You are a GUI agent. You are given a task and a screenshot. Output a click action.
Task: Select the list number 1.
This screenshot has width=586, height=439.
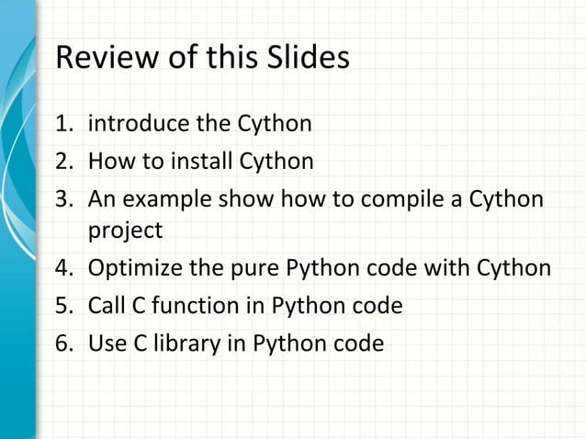[x=63, y=123]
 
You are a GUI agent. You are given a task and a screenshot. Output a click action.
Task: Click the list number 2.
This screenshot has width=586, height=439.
[x=63, y=163]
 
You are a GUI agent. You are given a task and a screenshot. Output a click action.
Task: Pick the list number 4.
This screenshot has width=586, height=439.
[x=63, y=269]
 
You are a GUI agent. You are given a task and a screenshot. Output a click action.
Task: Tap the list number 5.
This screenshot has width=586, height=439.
[x=63, y=306]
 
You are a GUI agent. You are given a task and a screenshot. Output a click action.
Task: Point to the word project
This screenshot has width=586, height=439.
[x=125, y=231]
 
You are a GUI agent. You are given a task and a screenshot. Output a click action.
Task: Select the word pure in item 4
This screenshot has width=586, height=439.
[x=248, y=269]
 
